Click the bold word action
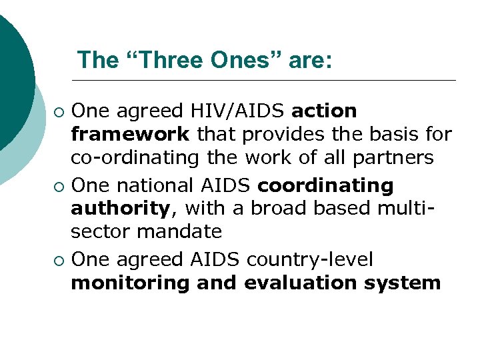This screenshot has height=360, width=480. pyautogui.click(x=324, y=110)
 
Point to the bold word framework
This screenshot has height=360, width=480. pyautogui.click(x=131, y=134)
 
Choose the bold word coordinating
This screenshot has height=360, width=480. pyautogui.click(x=325, y=184)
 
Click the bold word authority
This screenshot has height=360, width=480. pyautogui.click(x=120, y=209)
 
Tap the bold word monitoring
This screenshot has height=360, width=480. pyautogui.click(x=131, y=283)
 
